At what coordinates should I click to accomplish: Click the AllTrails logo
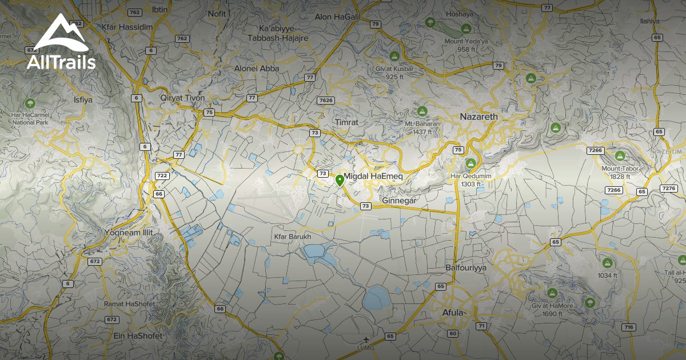click(61, 43)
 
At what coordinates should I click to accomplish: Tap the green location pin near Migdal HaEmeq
click(340, 181)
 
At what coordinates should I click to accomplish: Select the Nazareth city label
click(479, 117)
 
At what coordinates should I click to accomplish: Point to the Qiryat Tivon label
click(182, 98)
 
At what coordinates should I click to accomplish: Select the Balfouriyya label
click(465, 267)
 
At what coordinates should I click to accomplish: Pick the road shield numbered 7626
click(325, 101)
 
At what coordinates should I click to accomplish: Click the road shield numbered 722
click(162, 175)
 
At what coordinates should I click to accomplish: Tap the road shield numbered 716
click(629, 327)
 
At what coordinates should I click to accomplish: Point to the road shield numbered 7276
click(668, 188)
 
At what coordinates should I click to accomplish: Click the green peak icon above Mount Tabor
click(620, 155)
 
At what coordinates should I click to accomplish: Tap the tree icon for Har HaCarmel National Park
click(30, 103)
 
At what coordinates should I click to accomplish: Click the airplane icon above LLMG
click(366, 341)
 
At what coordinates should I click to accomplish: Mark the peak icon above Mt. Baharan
click(422, 110)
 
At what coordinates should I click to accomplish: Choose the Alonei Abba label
click(257, 69)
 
